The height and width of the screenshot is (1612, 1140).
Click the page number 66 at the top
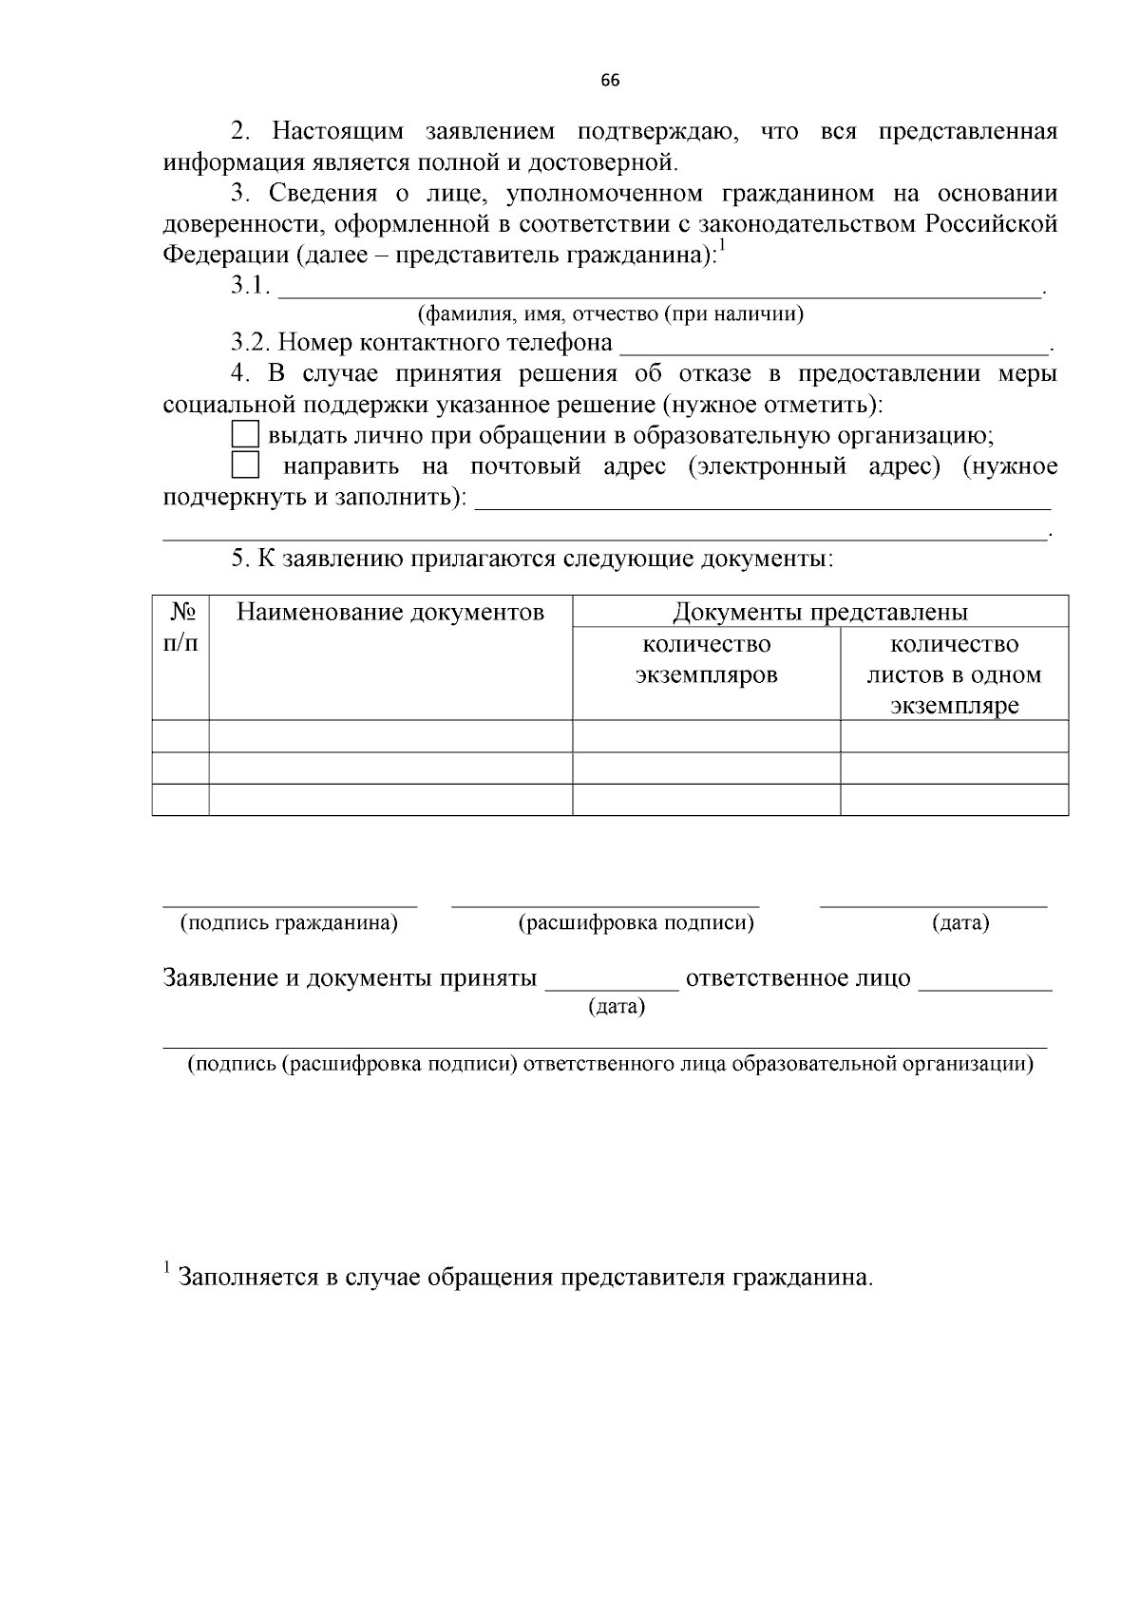[611, 81]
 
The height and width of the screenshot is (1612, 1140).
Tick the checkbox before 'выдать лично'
[246, 435]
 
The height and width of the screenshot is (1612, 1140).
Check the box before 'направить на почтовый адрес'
[246, 465]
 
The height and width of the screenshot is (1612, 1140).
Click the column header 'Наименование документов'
[390, 612]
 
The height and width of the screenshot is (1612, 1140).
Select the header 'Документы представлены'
[820, 612]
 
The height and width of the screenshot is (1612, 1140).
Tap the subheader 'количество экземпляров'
[706, 659]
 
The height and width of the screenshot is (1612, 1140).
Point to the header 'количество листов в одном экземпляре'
[954, 674]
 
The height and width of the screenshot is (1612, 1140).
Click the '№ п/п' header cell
[180, 627]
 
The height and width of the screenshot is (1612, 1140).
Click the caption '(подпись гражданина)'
[289, 922]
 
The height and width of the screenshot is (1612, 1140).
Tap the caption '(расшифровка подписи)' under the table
[636, 922]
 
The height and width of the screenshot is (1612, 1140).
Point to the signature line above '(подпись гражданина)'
[290, 902]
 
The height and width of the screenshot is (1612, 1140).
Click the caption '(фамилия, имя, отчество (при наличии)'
[611, 313]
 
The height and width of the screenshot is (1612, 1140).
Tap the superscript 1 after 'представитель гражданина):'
[721, 247]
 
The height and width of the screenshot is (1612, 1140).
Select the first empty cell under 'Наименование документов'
[390, 736]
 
